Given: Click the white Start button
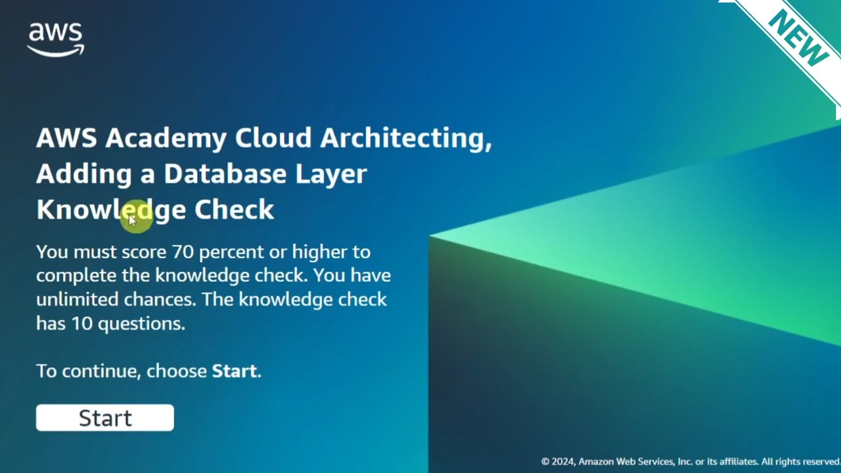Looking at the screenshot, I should pos(105,418).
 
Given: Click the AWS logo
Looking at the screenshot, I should pos(55,39).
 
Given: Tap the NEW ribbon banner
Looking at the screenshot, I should pos(798,39).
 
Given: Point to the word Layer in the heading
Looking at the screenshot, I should pos(331,173).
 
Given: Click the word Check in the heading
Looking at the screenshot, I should pos(234,210).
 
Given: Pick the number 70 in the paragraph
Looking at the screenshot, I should pos(183,252).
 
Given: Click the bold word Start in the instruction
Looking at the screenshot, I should pos(234,371).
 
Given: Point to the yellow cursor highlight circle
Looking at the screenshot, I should pos(137,217).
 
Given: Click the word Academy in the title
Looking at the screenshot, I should pos(166,138).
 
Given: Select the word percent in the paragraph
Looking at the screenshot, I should pos(231,252).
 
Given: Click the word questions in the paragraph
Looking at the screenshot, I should pos(141,323).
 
